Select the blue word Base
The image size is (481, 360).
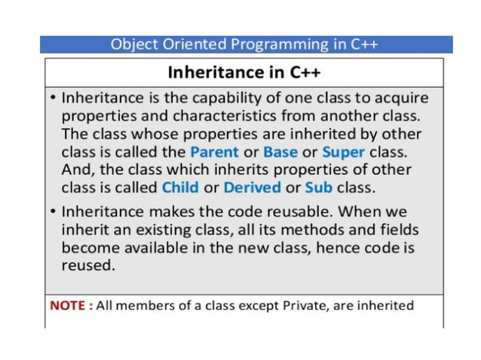click(x=280, y=152)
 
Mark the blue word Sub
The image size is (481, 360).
click(x=318, y=187)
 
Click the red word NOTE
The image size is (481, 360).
click(x=70, y=305)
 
